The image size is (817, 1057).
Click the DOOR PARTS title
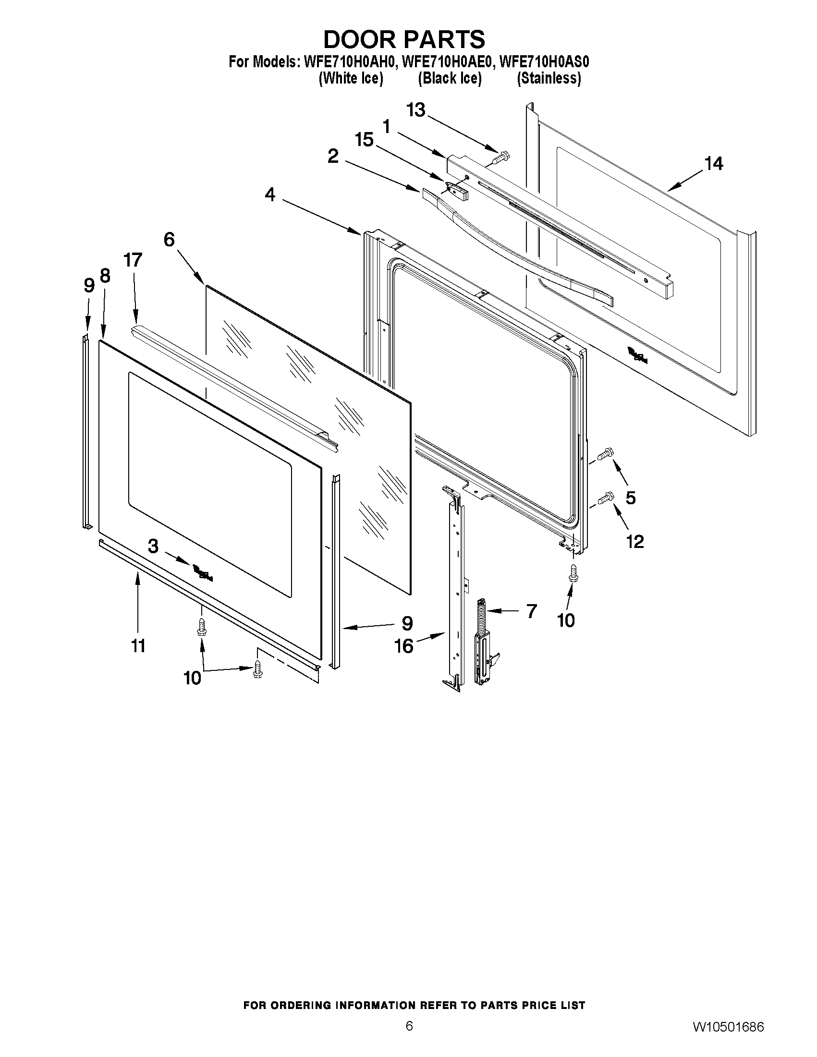[403, 39]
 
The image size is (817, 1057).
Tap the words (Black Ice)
[450, 78]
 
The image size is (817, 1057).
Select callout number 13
[415, 110]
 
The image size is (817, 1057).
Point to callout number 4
[270, 194]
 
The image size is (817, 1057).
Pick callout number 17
[133, 260]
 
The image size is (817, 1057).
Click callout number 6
[169, 239]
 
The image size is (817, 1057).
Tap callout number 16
[404, 645]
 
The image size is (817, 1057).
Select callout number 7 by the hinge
[531, 611]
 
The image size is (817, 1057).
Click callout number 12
[635, 541]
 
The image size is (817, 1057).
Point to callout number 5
[630, 498]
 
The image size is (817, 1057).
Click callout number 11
[138, 645]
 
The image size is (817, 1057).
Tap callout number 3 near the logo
[153, 547]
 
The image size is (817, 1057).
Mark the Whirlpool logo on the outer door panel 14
[637, 356]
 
